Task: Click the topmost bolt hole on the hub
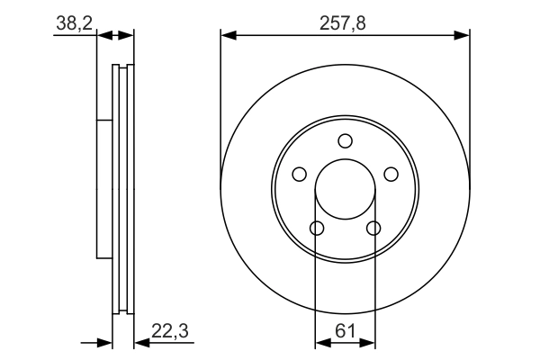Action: coord(346,140)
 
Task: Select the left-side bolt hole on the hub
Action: coord(300,174)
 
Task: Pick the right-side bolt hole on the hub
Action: coord(391,174)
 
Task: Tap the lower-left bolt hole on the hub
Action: coord(317,228)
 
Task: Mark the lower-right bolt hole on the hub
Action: coord(374,228)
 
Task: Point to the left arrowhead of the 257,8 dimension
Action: coord(228,36)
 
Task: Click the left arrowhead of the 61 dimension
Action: coord(321,343)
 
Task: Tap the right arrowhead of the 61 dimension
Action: coord(369,343)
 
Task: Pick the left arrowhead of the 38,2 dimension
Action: coord(102,36)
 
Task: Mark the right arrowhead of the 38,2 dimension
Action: coord(127,36)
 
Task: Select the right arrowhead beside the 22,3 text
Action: coord(140,343)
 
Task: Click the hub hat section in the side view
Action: coord(103,189)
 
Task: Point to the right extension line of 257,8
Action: coord(470,108)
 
